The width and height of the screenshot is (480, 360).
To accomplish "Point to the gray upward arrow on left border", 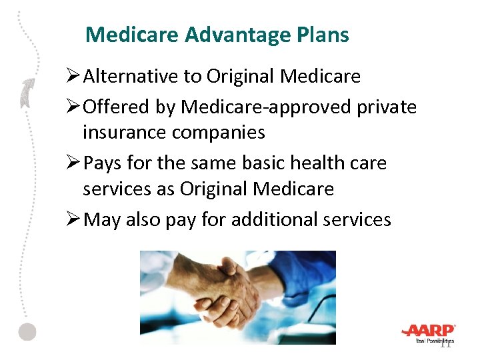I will (x=27, y=93).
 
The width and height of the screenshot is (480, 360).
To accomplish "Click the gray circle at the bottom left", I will (x=27, y=331).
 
